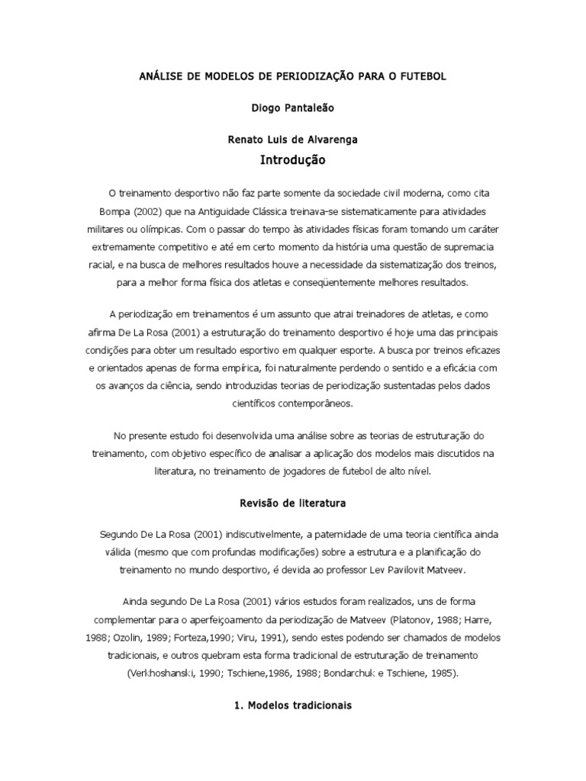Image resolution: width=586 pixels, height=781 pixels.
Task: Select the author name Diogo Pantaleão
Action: (x=292, y=109)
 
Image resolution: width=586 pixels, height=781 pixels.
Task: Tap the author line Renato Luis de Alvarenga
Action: (x=292, y=140)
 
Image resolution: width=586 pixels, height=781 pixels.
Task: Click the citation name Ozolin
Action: (x=127, y=637)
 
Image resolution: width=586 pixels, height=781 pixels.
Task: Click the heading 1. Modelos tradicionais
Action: (x=293, y=706)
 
